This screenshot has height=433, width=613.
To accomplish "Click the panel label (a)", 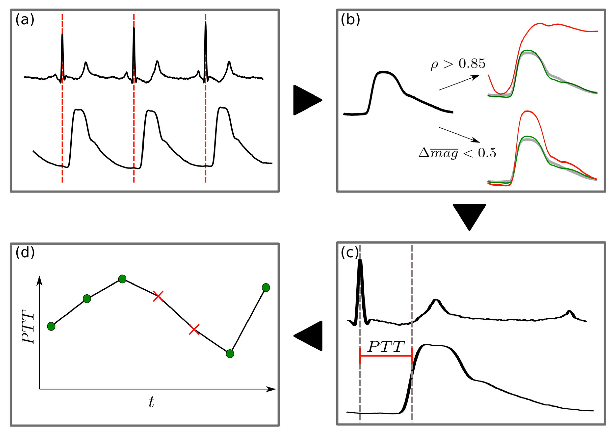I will (25, 20).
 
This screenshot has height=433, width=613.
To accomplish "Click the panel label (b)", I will (350, 20).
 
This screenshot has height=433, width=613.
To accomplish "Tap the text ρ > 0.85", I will (458, 64).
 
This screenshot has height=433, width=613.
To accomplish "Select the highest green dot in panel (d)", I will (122, 279).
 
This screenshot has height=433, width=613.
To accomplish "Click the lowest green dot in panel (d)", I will (230, 354).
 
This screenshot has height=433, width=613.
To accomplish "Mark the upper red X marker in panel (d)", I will (158, 296).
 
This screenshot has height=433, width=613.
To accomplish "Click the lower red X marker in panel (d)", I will (194, 330).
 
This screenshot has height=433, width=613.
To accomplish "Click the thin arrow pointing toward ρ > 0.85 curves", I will (459, 83).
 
